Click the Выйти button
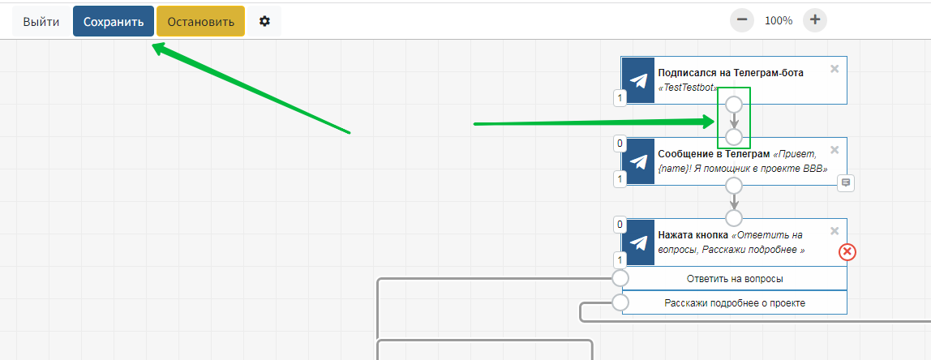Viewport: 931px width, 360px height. pyautogui.click(x=41, y=22)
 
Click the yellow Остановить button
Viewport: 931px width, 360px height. pyautogui.click(x=200, y=22)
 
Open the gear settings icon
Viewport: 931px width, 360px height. pyautogui.click(x=264, y=22)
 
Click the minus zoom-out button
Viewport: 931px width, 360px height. pyautogui.click(x=742, y=20)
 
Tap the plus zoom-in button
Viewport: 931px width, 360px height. pyautogui.click(x=815, y=20)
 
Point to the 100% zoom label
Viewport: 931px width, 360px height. pyautogui.click(x=779, y=21)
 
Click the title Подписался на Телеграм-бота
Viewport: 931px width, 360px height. pyautogui.click(x=731, y=72)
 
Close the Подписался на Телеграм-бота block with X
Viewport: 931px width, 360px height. pyautogui.click(x=834, y=69)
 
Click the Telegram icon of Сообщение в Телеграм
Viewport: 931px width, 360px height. pyautogui.click(x=639, y=161)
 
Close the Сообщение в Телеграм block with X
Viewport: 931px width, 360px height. pyautogui.click(x=834, y=150)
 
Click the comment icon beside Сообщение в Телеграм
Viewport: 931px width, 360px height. pyautogui.click(x=846, y=183)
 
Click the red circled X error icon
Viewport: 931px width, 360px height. pyautogui.click(x=847, y=252)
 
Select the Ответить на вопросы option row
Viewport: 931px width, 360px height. pyautogui.click(x=735, y=279)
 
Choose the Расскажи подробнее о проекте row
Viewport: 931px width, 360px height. pyautogui.click(x=735, y=303)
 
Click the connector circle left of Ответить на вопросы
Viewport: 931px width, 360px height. pyautogui.click(x=620, y=279)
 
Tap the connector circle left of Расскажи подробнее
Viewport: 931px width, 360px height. pyautogui.click(x=620, y=303)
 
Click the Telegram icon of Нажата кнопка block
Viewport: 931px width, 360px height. pyautogui.click(x=639, y=242)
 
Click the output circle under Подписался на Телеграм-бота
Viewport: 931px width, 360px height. pyautogui.click(x=734, y=105)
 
